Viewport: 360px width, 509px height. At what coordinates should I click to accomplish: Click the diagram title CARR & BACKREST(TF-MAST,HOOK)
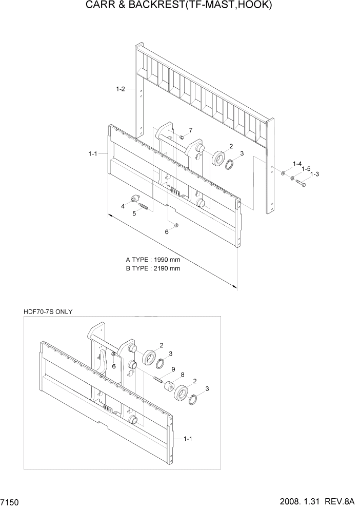pyautogui.click(x=179, y=7)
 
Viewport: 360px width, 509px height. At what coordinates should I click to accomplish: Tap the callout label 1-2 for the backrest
pyautogui.click(x=121, y=89)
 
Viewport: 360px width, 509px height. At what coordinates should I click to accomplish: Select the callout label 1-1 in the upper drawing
pyautogui.click(x=93, y=153)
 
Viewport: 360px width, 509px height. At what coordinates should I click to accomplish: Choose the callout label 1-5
pyautogui.click(x=306, y=169)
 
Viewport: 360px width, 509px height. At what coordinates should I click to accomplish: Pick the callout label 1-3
pyautogui.click(x=314, y=174)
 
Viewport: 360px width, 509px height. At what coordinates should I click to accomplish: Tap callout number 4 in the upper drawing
pyautogui.click(x=123, y=206)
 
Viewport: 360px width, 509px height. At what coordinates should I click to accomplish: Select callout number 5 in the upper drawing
pyautogui.click(x=134, y=214)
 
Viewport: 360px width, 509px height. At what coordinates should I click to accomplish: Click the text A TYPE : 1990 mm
pyautogui.click(x=153, y=260)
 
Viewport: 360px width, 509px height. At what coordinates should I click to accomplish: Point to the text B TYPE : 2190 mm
pyautogui.click(x=153, y=268)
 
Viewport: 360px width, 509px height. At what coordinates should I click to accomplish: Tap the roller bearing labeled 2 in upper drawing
pyautogui.click(x=220, y=158)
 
